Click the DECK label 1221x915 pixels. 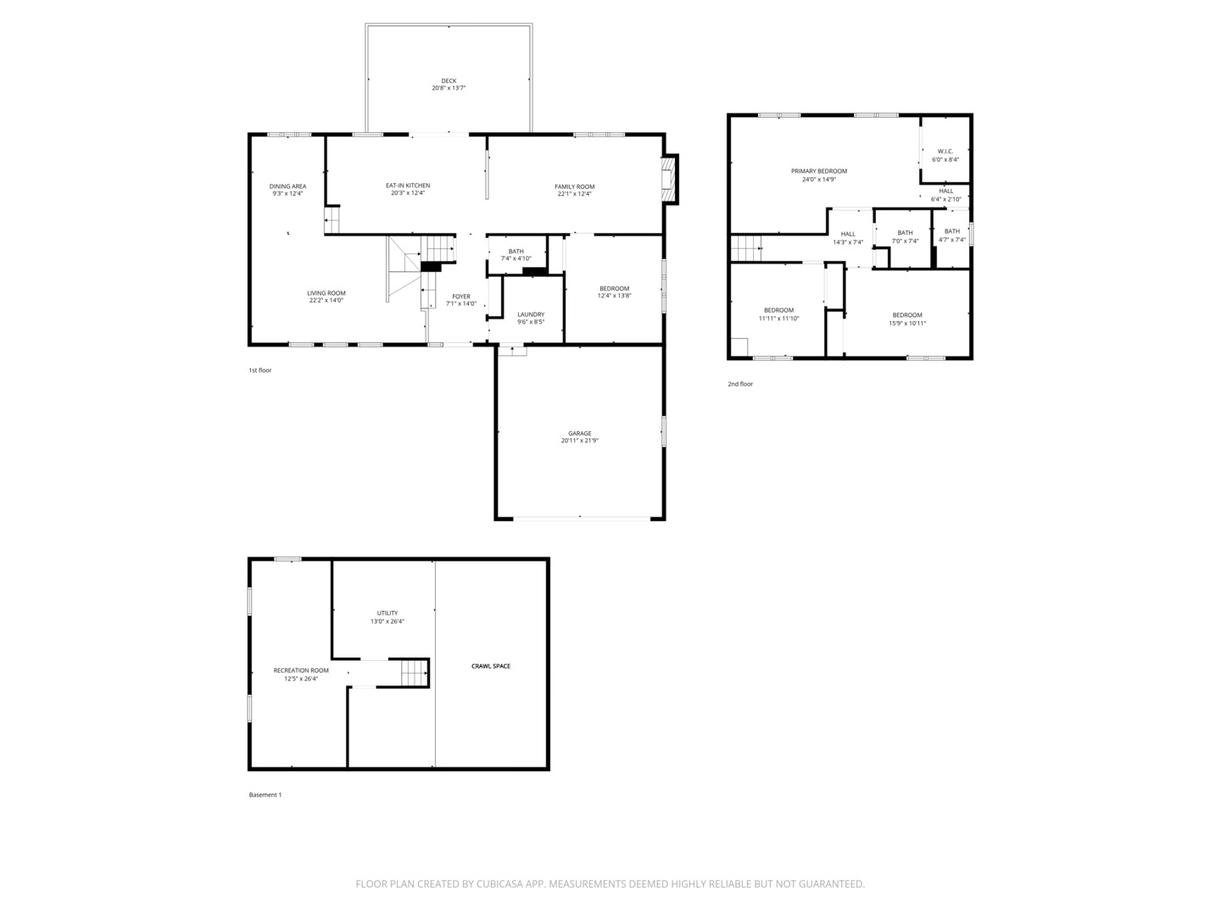(449, 80)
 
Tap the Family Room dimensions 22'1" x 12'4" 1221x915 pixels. (574, 194)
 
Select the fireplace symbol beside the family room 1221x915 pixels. (670, 179)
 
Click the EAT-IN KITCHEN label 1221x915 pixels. (408, 186)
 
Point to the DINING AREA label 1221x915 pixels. (287, 186)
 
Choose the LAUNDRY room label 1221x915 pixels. (531, 314)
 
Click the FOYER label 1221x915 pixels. (461, 297)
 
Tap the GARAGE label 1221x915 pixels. (580, 433)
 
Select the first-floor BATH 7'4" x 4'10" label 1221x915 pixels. (516, 251)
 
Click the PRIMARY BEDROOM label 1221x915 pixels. (819, 171)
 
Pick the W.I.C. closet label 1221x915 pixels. (945, 152)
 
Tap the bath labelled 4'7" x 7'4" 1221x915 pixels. (952, 231)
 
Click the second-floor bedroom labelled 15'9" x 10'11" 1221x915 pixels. (907, 315)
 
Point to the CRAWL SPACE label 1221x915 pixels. (491, 666)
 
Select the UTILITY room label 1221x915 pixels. (387, 613)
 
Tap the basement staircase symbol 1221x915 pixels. (414, 674)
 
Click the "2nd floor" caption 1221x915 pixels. (739, 384)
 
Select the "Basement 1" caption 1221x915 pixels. (265, 795)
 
